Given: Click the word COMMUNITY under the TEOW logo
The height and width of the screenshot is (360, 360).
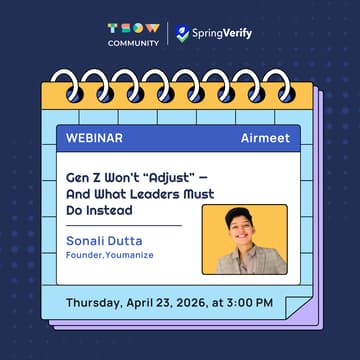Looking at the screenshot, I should pos(133,44).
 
